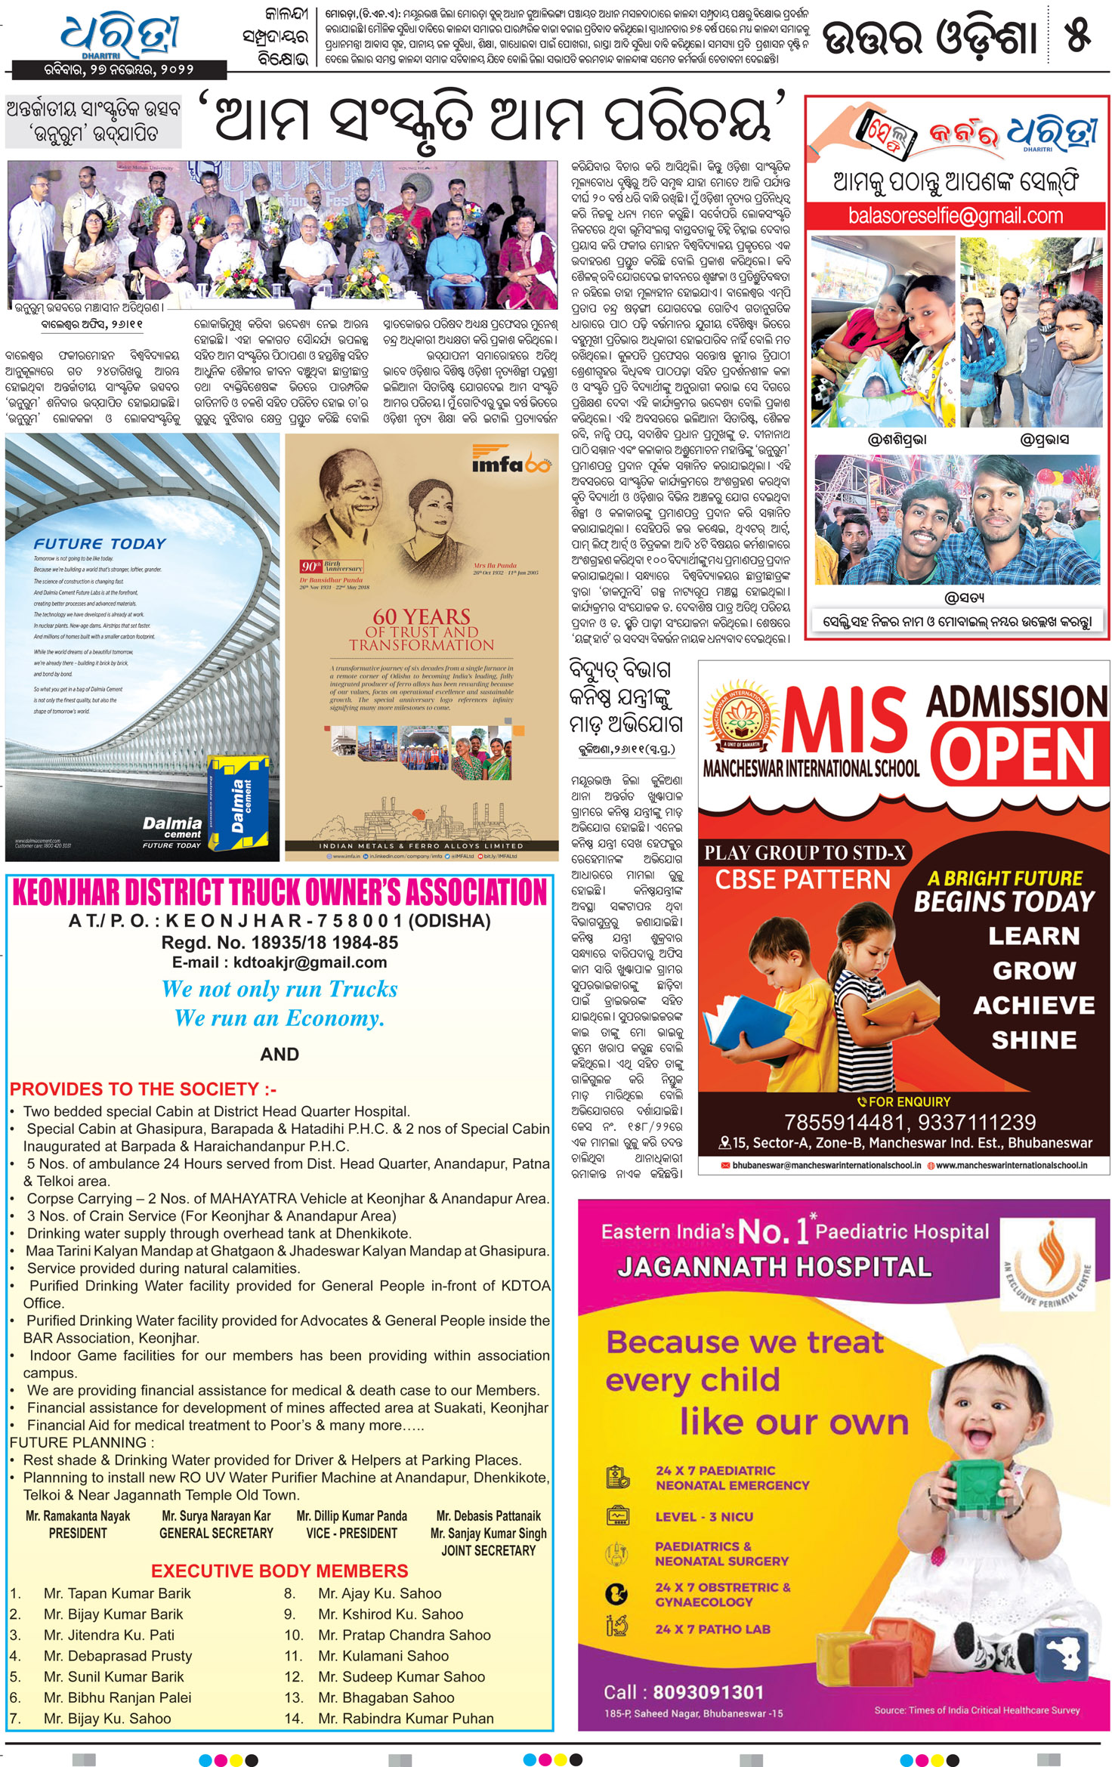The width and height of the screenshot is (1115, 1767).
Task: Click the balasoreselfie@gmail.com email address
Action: point(955,216)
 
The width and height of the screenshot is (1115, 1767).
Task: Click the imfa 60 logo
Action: point(511,461)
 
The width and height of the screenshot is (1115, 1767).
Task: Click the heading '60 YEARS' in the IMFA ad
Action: point(422,616)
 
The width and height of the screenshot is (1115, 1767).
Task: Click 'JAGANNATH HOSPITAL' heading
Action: point(774,1267)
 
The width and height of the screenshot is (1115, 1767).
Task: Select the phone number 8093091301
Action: point(708,1692)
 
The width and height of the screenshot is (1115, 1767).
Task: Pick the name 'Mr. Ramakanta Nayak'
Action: point(78,1516)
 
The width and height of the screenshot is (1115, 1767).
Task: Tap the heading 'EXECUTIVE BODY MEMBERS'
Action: point(280,1571)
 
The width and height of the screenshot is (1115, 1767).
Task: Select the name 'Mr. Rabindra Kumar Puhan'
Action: point(406,1718)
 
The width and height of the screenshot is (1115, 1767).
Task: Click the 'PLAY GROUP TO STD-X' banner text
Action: point(805,853)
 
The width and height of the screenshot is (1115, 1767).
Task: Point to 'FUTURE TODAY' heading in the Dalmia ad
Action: point(100,544)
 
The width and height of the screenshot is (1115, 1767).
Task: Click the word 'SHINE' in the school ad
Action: point(1033,1040)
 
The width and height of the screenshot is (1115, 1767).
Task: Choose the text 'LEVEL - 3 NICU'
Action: point(703,1517)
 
